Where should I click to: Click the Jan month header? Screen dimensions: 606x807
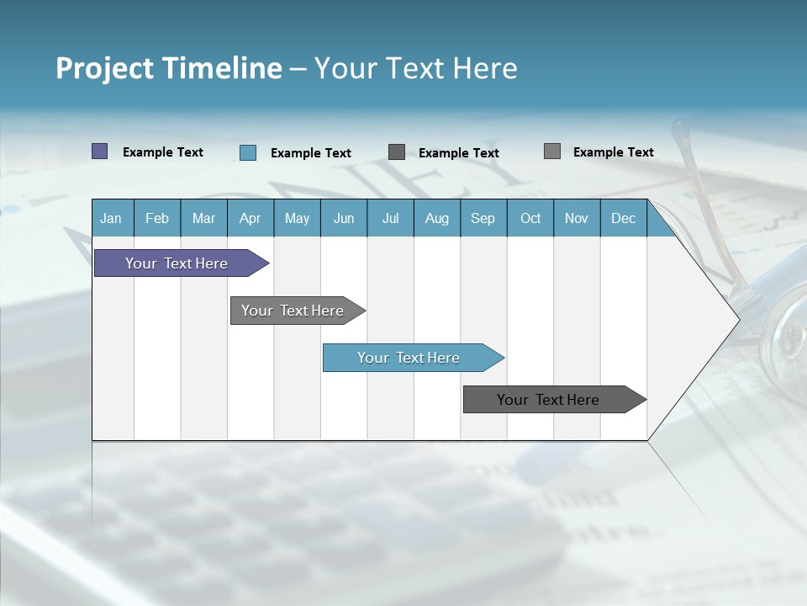click(112, 218)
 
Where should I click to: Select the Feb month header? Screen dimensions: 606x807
click(157, 218)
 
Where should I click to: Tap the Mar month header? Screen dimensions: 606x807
click(203, 218)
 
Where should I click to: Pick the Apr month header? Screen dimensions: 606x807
click(251, 218)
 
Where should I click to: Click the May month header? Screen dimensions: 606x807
click(297, 218)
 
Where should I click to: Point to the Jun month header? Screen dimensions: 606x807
click(344, 218)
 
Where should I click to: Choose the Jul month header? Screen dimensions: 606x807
click(390, 218)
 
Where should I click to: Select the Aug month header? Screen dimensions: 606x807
click(437, 218)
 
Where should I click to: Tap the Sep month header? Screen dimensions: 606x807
click(483, 218)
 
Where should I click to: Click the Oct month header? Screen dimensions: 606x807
click(530, 218)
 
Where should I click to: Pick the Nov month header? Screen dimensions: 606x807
click(577, 218)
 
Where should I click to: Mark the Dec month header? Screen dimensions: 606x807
click(624, 218)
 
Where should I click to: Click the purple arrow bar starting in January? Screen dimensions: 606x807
click(177, 263)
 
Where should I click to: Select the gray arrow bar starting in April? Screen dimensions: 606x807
click(293, 311)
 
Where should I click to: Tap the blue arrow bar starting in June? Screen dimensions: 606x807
click(409, 358)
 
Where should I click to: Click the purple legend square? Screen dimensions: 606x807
click(100, 151)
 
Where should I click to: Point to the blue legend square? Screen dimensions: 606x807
click(248, 152)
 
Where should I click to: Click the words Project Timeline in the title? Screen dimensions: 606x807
click(169, 68)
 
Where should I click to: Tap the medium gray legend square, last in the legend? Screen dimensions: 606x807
click(552, 151)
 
